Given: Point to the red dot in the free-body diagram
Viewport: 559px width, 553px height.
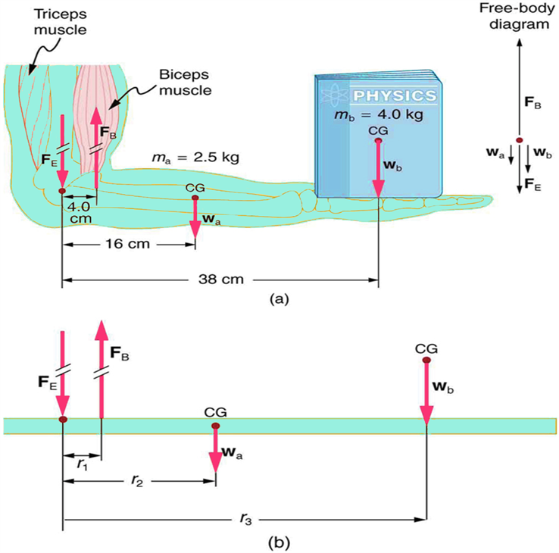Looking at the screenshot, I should pyautogui.click(x=519, y=139).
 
